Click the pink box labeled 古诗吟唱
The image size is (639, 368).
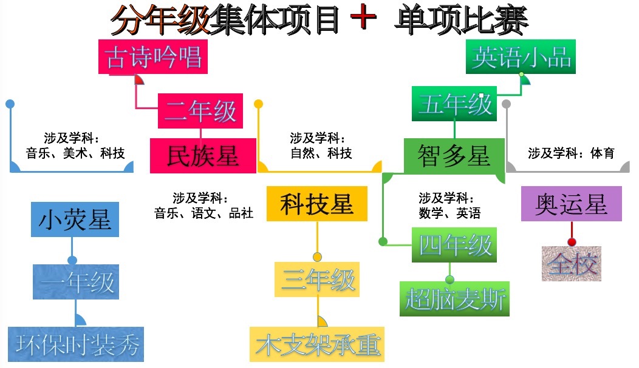153,57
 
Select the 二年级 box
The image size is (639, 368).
200,111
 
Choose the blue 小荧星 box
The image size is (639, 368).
75,219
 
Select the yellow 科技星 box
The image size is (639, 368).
317,204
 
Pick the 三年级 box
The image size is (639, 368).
317,279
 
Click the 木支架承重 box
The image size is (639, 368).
317,344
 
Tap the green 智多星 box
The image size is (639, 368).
454,155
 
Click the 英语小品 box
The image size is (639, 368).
521,57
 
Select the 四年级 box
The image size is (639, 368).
454,245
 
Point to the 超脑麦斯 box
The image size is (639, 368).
454,298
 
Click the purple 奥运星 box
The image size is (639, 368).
572,204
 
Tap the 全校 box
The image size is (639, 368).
572,263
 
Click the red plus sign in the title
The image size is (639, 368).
364,19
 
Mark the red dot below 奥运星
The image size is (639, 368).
572,242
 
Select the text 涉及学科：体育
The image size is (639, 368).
571,153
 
